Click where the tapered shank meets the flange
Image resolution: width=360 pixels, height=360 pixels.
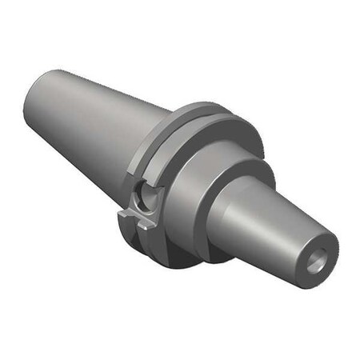141,152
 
